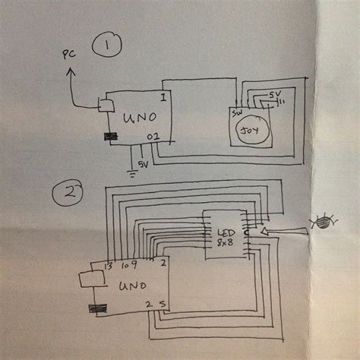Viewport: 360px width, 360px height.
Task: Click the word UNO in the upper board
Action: point(133,118)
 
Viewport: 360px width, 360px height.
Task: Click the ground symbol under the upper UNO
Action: point(134,172)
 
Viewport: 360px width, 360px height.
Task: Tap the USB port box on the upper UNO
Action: point(107,104)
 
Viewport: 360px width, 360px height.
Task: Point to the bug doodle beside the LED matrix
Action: point(324,223)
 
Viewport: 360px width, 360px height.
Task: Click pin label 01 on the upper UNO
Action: point(153,137)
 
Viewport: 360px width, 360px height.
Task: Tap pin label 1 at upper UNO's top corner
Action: point(163,96)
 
